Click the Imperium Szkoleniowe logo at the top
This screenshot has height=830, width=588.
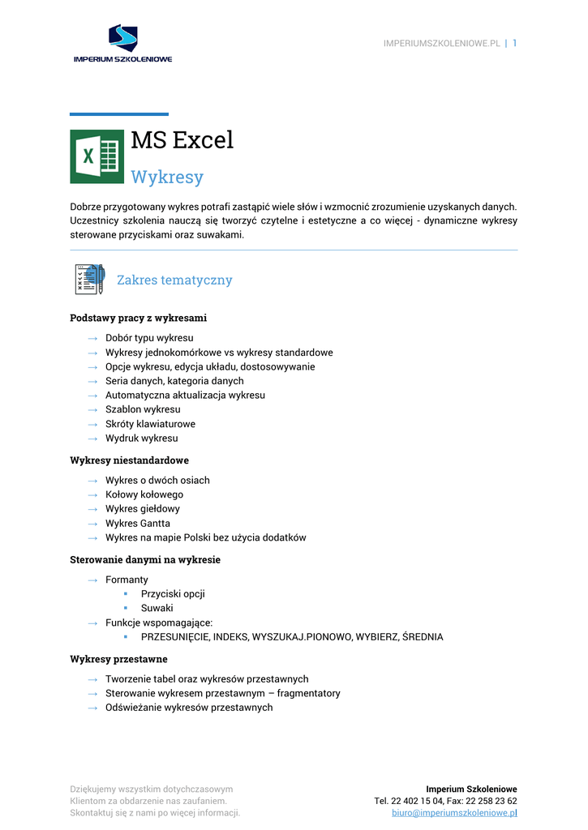click(122, 44)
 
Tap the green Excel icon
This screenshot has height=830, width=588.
click(97, 156)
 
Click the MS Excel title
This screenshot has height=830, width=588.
click(182, 140)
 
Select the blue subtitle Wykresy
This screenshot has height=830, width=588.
click(167, 177)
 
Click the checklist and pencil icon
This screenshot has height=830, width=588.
click(89, 280)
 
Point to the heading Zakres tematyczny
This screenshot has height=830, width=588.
click(174, 280)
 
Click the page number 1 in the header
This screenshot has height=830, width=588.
click(514, 43)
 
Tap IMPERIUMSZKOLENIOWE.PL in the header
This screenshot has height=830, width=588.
click(441, 44)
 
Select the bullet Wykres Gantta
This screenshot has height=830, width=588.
click(138, 524)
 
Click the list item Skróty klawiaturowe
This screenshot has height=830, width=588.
click(150, 424)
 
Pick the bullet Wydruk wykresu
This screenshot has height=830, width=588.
click(141, 439)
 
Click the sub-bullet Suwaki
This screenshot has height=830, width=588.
click(157, 608)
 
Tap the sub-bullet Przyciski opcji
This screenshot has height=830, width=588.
click(173, 593)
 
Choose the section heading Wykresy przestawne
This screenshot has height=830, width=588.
click(118, 660)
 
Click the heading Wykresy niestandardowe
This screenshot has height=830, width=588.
click(129, 460)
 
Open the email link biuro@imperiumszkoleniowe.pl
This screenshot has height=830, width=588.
click(454, 812)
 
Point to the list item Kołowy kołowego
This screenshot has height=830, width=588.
click(144, 494)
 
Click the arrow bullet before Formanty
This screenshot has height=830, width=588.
click(93, 580)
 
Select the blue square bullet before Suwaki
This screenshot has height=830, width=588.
click(126, 608)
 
